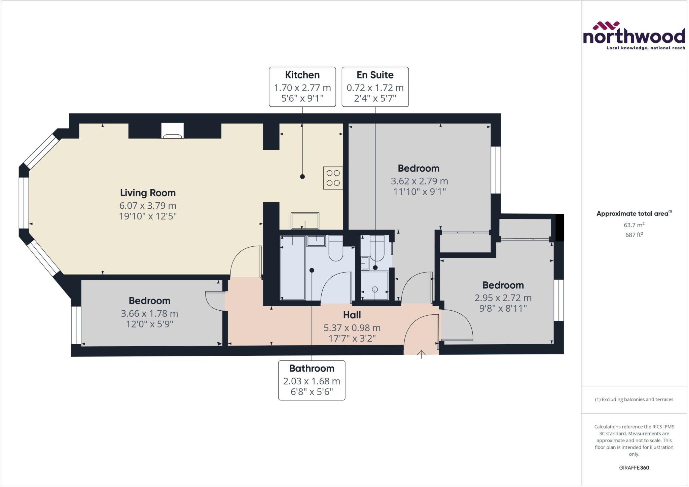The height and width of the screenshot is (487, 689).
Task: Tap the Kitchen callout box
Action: point(302,87)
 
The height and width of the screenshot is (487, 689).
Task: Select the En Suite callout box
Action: point(375,87)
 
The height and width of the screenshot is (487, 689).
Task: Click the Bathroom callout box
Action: point(312,380)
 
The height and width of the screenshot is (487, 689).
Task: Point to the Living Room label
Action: point(148,193)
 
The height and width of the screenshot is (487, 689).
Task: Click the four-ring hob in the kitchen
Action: point(333,178)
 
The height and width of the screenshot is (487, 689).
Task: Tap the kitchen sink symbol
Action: point(305,221)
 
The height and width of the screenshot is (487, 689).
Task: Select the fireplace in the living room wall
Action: point(172,131)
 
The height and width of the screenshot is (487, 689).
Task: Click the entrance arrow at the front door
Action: point(421,354)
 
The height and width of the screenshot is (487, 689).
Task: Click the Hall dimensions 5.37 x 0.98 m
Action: point(352,327)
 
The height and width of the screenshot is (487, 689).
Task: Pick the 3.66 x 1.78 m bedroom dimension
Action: point(149,313)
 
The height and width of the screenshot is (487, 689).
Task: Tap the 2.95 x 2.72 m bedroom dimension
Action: point(503,298)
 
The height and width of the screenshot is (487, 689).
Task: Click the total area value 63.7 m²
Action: point(634,225)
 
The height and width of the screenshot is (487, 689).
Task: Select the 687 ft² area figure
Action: point(634,235)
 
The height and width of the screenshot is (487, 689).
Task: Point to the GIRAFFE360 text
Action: point(634,467)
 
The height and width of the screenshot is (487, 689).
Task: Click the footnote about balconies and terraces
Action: point(634,399)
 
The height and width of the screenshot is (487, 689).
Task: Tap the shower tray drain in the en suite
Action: point(375,289)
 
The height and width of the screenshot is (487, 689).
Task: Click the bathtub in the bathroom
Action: point(293,268)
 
